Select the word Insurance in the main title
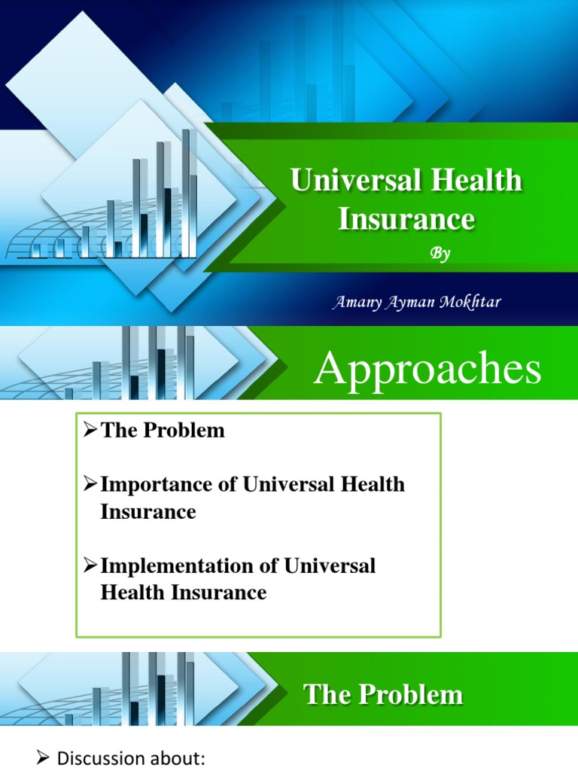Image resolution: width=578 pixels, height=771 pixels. click(x=406, y=219)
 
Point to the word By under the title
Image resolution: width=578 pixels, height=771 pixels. click(x=440, y=254)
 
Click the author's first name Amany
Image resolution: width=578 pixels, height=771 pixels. click(x=356, y=303)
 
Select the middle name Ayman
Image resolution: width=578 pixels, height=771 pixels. click(x=410, y=303)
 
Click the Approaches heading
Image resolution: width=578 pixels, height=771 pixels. click(x=427, y=370)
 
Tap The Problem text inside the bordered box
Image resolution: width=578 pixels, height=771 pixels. click(x=163, y=431)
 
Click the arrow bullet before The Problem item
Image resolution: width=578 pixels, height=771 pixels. click(x=90, y=431)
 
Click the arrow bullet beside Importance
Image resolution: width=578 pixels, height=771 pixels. click(x=90, y=484)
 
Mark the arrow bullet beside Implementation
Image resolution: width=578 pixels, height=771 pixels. click(x=90, y=565)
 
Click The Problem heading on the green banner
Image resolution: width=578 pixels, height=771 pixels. click(x=383, y=694)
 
